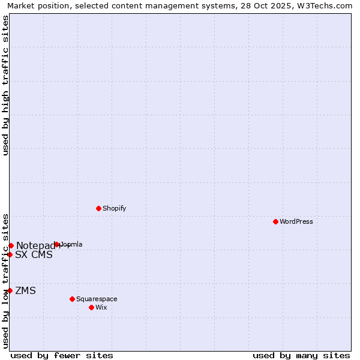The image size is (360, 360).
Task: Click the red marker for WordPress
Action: point(275,221)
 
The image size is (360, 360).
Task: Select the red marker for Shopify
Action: point(98,208)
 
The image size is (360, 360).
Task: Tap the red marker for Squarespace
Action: point(72,299)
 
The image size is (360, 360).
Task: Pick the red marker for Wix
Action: point(91,307)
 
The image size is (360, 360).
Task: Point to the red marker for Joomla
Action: point(57,244)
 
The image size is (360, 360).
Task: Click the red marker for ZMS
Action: point(10,291)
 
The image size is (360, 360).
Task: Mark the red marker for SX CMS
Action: point(10,254)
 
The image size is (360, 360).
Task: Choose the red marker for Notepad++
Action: point(11,245)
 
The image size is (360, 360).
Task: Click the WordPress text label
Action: point(296,221)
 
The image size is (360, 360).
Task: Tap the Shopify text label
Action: point(115,208)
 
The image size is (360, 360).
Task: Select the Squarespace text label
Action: point(97,299)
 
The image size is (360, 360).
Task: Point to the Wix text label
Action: point(101,307)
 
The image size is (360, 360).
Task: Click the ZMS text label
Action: point(26,291)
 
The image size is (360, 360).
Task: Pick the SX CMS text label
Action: point(34,254)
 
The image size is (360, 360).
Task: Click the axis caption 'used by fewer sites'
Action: point(62,355)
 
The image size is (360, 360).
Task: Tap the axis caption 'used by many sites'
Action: point(301,355)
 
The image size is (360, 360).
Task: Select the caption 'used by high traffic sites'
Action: point(5,85)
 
